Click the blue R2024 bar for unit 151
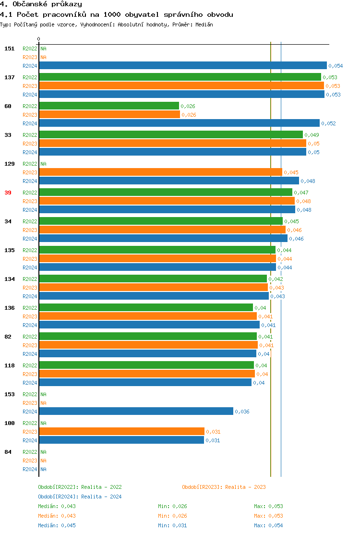click(x=182, y=66)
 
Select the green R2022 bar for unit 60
click(x=109, y=106)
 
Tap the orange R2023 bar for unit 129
click(x=160, y=172)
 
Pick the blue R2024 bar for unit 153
click(x=136, y=412)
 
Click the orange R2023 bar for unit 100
click(x=121, y=432)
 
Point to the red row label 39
click(x=8, y=193)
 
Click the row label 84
click(x=8, y=452)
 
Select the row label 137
click(x=9, y=77)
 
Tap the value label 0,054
click(x=336, y=66)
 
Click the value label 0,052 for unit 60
click(x=328, y=123)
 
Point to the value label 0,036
click(x=242, y=412)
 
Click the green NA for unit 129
click(x=43, y=164)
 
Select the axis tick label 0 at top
click(x=39, y=39)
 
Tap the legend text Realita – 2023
click(x=245, y=487)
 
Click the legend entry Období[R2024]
click(x=58, y=497)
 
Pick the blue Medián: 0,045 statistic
click(x=57, y=525)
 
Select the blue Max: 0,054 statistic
click(x=268, y=525)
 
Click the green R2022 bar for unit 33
click(x=171, y=135)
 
